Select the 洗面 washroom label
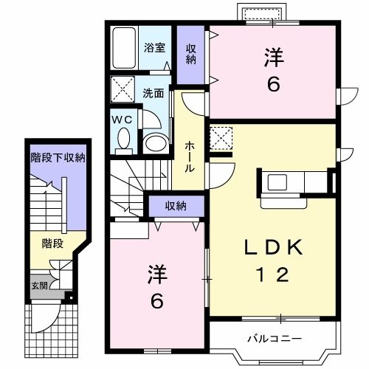154,94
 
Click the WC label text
121,117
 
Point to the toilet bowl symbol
123,138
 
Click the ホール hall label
190,157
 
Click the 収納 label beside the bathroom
191,54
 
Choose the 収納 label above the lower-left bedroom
175,205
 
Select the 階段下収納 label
58,158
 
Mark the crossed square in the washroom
121,91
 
